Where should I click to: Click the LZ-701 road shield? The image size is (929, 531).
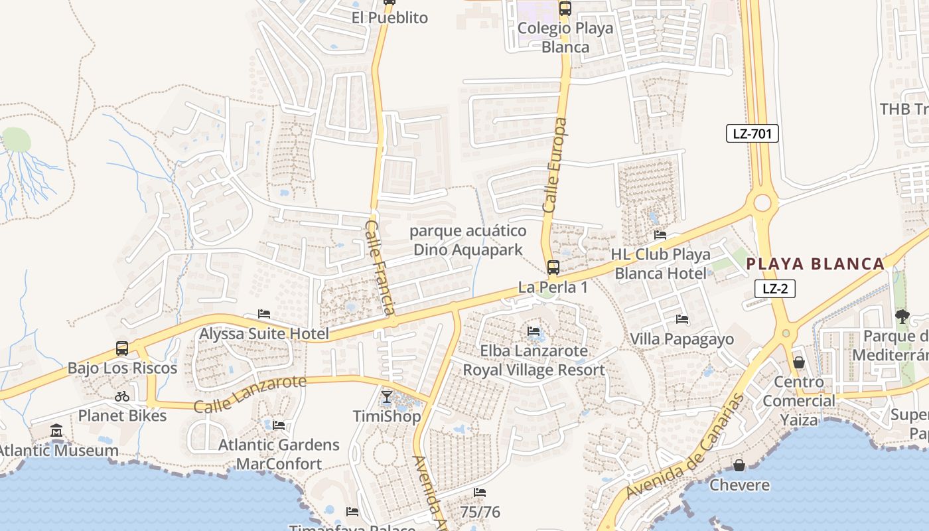click(x=752, y=133)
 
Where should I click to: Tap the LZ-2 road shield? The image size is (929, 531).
click(x=774, y=289)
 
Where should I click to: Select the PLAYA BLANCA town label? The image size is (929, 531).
click(x=816, y=264)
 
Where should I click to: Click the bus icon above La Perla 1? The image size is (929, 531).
click(x=553, y=267)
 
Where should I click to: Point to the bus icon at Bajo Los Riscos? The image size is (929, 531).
click(x=122, y=348)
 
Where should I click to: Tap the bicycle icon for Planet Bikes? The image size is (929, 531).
click(x=122, y=396)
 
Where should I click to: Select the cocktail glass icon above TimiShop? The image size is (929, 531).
click(x=387, y=397)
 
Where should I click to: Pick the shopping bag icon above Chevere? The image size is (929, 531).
click(x=739, y=465)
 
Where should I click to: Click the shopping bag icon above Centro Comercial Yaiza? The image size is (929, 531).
click(x=798, y=362)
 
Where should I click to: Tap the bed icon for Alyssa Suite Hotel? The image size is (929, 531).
click(x=264, y=314)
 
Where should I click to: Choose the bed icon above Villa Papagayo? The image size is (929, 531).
click(x=681, y=320)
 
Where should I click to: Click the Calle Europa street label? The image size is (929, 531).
click(x=555, y=166)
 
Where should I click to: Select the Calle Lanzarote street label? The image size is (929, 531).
click(x=250, y=393)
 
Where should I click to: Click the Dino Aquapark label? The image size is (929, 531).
click(x=468, y=240)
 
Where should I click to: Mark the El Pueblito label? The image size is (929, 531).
click(x=390, y=18)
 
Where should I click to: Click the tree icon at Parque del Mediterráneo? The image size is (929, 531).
click(x=901, y=317)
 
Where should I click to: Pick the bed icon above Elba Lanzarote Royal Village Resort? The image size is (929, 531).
click(x=534, y=331)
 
